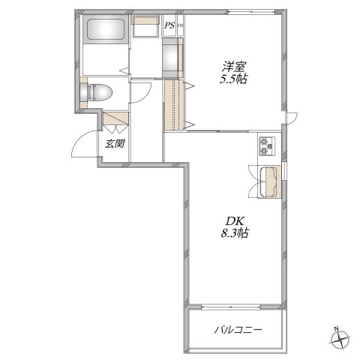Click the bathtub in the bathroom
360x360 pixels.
pyautogui.click(x=106, y=29)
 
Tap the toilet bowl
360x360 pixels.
pyautogui.click(x=98, y=92)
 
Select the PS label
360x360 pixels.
pyautogui.click(x=169, y=25)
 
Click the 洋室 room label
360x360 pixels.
pyautogui.click(x=234, y=67)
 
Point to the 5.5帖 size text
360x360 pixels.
pyautogui.click(x=233, y=79)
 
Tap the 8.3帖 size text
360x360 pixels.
pyautogui.click(x=234, y=233)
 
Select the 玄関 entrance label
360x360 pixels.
pyautogui.click(x=115, y=144)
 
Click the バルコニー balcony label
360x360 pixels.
pyautogui.click(x=238, y=330)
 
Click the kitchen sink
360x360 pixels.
pyautogui.click(x=268, y=181)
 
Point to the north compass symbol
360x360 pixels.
pyautogui.click(x=340, y=339)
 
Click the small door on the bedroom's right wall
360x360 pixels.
pyautogui.click(x=292, y=118)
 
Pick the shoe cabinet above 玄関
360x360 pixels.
pyautogui.click(x=115, y=118)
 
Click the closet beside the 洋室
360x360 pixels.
pyautogui.click(x=175, y=104)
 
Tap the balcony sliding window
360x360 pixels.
pyautogui.click(x=231, y=307)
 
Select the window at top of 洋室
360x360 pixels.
pyautogui.click(x=252, y=11)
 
